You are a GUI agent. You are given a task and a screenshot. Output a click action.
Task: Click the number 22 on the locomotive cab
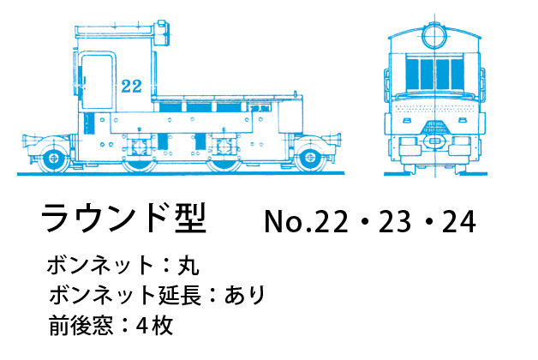click(x=132, y=86)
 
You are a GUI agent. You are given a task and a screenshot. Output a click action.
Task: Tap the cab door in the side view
click(x=97, y=81)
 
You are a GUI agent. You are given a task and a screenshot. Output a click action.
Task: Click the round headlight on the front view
click(x=434, y=36)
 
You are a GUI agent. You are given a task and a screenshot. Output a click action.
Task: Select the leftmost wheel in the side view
click(x=54, y=159)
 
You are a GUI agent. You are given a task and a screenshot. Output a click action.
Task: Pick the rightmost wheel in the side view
click(x=310, y=158)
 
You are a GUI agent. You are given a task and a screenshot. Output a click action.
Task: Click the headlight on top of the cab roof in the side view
click(x=162, y=33)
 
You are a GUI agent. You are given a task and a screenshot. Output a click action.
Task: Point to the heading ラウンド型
click(x=124, y=219)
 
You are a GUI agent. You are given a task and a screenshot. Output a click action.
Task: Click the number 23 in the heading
click(x=395, y=222)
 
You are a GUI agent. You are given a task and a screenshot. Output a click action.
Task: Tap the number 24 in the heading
click(x=458, y=222)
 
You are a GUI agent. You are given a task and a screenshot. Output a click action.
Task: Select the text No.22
click(x=306, y=222)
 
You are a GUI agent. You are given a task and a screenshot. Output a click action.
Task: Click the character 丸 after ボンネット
click(x=188, y=265)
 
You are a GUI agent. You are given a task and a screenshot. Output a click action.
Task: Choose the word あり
click(x=244, y=295)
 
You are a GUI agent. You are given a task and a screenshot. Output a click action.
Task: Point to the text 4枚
click(x=154, y=326)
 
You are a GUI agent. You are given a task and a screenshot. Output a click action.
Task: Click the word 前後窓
click(x=81, y=326)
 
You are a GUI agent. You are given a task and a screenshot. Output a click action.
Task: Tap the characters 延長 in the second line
click(x=179, y=295)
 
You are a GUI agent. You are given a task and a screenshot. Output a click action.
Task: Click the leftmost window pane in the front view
click(x=412, y=74)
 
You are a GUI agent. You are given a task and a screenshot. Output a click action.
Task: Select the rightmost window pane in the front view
click(x=457, y=74)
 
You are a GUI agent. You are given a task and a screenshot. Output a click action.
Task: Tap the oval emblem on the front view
click(x=434, y=141)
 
